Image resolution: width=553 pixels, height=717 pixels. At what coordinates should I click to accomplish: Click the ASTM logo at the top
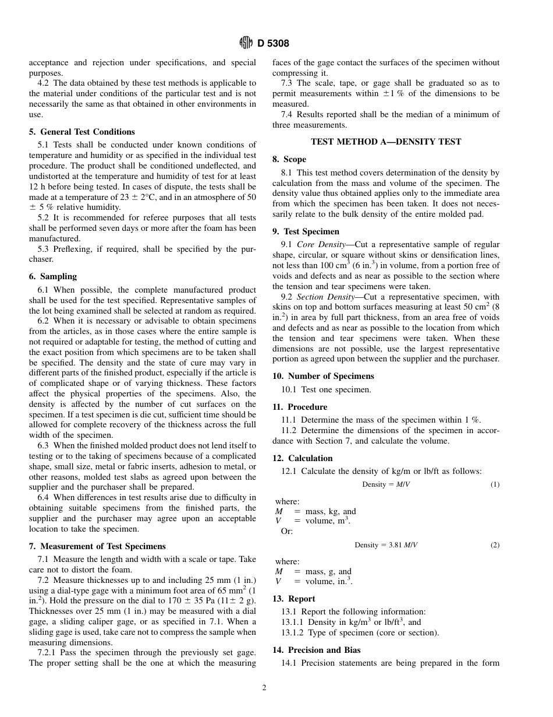(246, 43)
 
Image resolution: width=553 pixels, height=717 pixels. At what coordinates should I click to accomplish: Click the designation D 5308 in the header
(273, 43)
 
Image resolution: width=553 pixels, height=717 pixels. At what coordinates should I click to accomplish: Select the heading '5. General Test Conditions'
(81, 132)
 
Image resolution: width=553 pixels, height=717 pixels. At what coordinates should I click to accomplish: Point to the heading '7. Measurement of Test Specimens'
(97, 546)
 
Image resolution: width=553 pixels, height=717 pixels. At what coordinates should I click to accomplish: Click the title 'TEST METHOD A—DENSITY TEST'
(386, 142)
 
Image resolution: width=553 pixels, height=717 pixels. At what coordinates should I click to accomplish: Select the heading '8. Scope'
(289, 159)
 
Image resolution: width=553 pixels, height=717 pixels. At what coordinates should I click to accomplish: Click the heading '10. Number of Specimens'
(323, 376)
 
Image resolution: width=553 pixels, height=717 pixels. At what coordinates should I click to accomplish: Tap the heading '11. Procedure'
(300, 407)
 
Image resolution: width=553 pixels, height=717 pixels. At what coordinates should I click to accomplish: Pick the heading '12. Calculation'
(302, 458)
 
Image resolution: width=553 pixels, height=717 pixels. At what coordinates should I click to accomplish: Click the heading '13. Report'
(294, 599)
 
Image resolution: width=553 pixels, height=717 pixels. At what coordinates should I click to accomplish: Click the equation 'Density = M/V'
(386, 484)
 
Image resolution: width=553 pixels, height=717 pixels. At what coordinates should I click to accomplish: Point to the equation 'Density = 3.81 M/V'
(386, 545)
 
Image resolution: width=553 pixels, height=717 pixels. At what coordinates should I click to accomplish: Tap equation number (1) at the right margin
(494, 484)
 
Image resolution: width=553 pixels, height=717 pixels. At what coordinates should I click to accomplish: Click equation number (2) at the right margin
(494, 545)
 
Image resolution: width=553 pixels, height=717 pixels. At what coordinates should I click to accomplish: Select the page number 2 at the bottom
(264, 688)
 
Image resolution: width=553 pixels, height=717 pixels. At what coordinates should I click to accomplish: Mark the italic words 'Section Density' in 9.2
(325, 297)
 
